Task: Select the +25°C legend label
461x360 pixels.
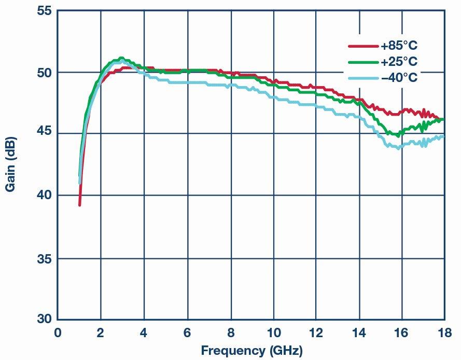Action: click(399, 62)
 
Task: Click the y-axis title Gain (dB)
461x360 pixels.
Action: click(10, 164)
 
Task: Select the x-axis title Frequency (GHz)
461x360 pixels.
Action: click(252, 350)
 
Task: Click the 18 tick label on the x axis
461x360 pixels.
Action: click(444, 332)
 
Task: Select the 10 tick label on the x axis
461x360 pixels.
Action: click(274, 332)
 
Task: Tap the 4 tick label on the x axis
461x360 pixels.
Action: click(144, 332)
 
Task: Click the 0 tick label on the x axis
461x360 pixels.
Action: click(58, 332)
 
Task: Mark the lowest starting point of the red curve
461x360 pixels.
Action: click(79, 205)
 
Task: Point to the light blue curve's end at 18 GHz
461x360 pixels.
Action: click(443, 137)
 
